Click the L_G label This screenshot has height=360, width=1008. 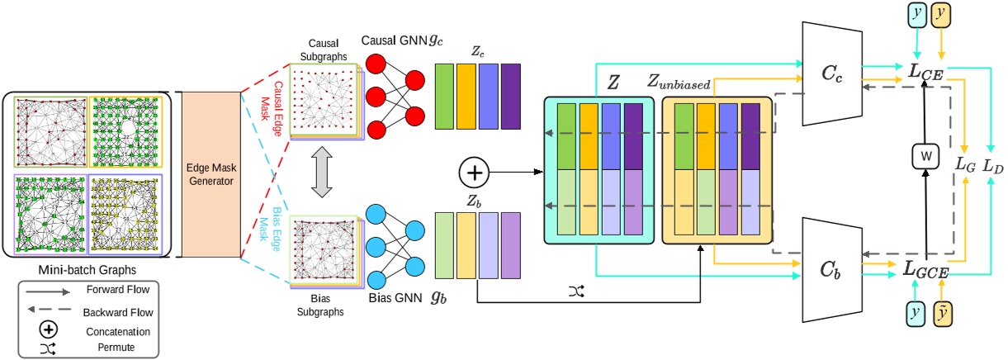point(963,165)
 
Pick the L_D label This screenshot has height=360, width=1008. point(992,165)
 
